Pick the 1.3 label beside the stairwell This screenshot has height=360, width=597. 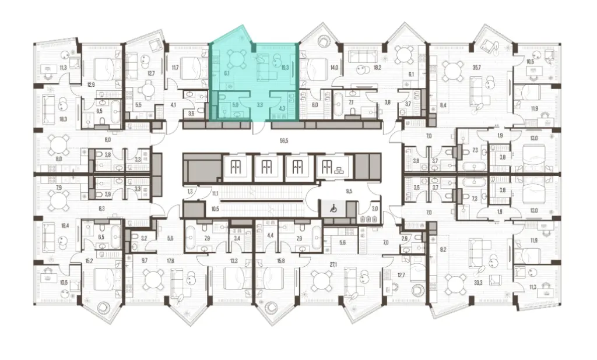tap(189, 190)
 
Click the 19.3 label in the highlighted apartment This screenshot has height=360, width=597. tap(285, 68)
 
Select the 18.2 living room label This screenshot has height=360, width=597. tap(377, 68)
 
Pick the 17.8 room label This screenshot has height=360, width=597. tap(170, 261)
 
